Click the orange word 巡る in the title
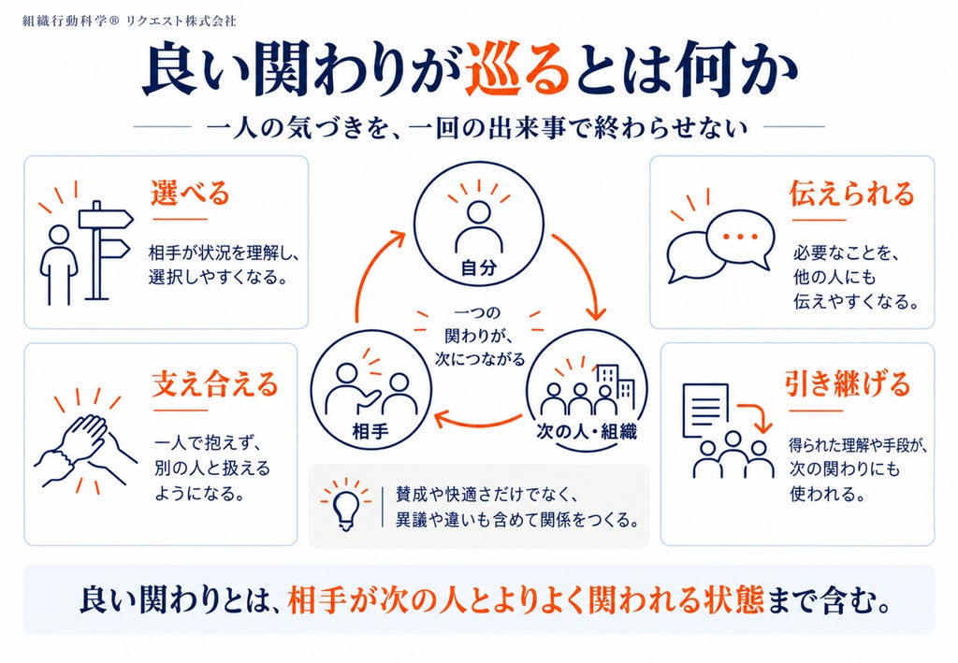coord(515,70)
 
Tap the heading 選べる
coord(190,193)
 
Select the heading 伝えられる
coord(851,193)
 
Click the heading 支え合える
coord(215,384)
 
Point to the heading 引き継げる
coord(848,384)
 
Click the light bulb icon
coord(346,507)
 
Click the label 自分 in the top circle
coord(478,267)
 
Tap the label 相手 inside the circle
coord(370,432)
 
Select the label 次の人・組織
coord(587,432)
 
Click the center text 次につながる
coord(480,359)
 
